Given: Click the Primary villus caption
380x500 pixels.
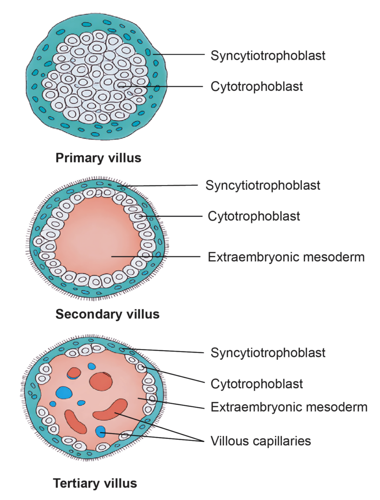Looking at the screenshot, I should click(x=98, y=158).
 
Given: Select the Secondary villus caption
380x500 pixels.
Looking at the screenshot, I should click(x=107, y=314).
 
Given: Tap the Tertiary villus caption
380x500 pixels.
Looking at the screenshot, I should click(x=95, y=484).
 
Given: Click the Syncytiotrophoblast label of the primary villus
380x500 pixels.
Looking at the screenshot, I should click(x=268, y=55).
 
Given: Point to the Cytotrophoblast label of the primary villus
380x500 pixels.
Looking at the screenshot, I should click(x=257, y=86).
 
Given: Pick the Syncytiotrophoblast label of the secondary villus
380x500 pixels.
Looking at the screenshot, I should click(x=263, y=186).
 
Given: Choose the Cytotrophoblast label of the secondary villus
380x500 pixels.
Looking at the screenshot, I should click(x=254, y=216).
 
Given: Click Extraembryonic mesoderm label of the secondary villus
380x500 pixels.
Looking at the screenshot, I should click(x=286, y=257).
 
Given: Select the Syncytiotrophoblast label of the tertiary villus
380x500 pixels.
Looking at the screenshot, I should click(x=268, y=352).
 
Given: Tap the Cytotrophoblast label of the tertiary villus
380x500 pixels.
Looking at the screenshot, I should click(x=257, y=384).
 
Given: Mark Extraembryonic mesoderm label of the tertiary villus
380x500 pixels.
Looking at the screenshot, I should click(x=289, y=407).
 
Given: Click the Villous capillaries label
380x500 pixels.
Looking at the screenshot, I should click(x=260, y=441).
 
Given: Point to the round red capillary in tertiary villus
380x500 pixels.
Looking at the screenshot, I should click(x=101, y=381).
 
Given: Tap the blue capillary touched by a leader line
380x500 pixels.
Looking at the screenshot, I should click(x=100, y=431).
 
